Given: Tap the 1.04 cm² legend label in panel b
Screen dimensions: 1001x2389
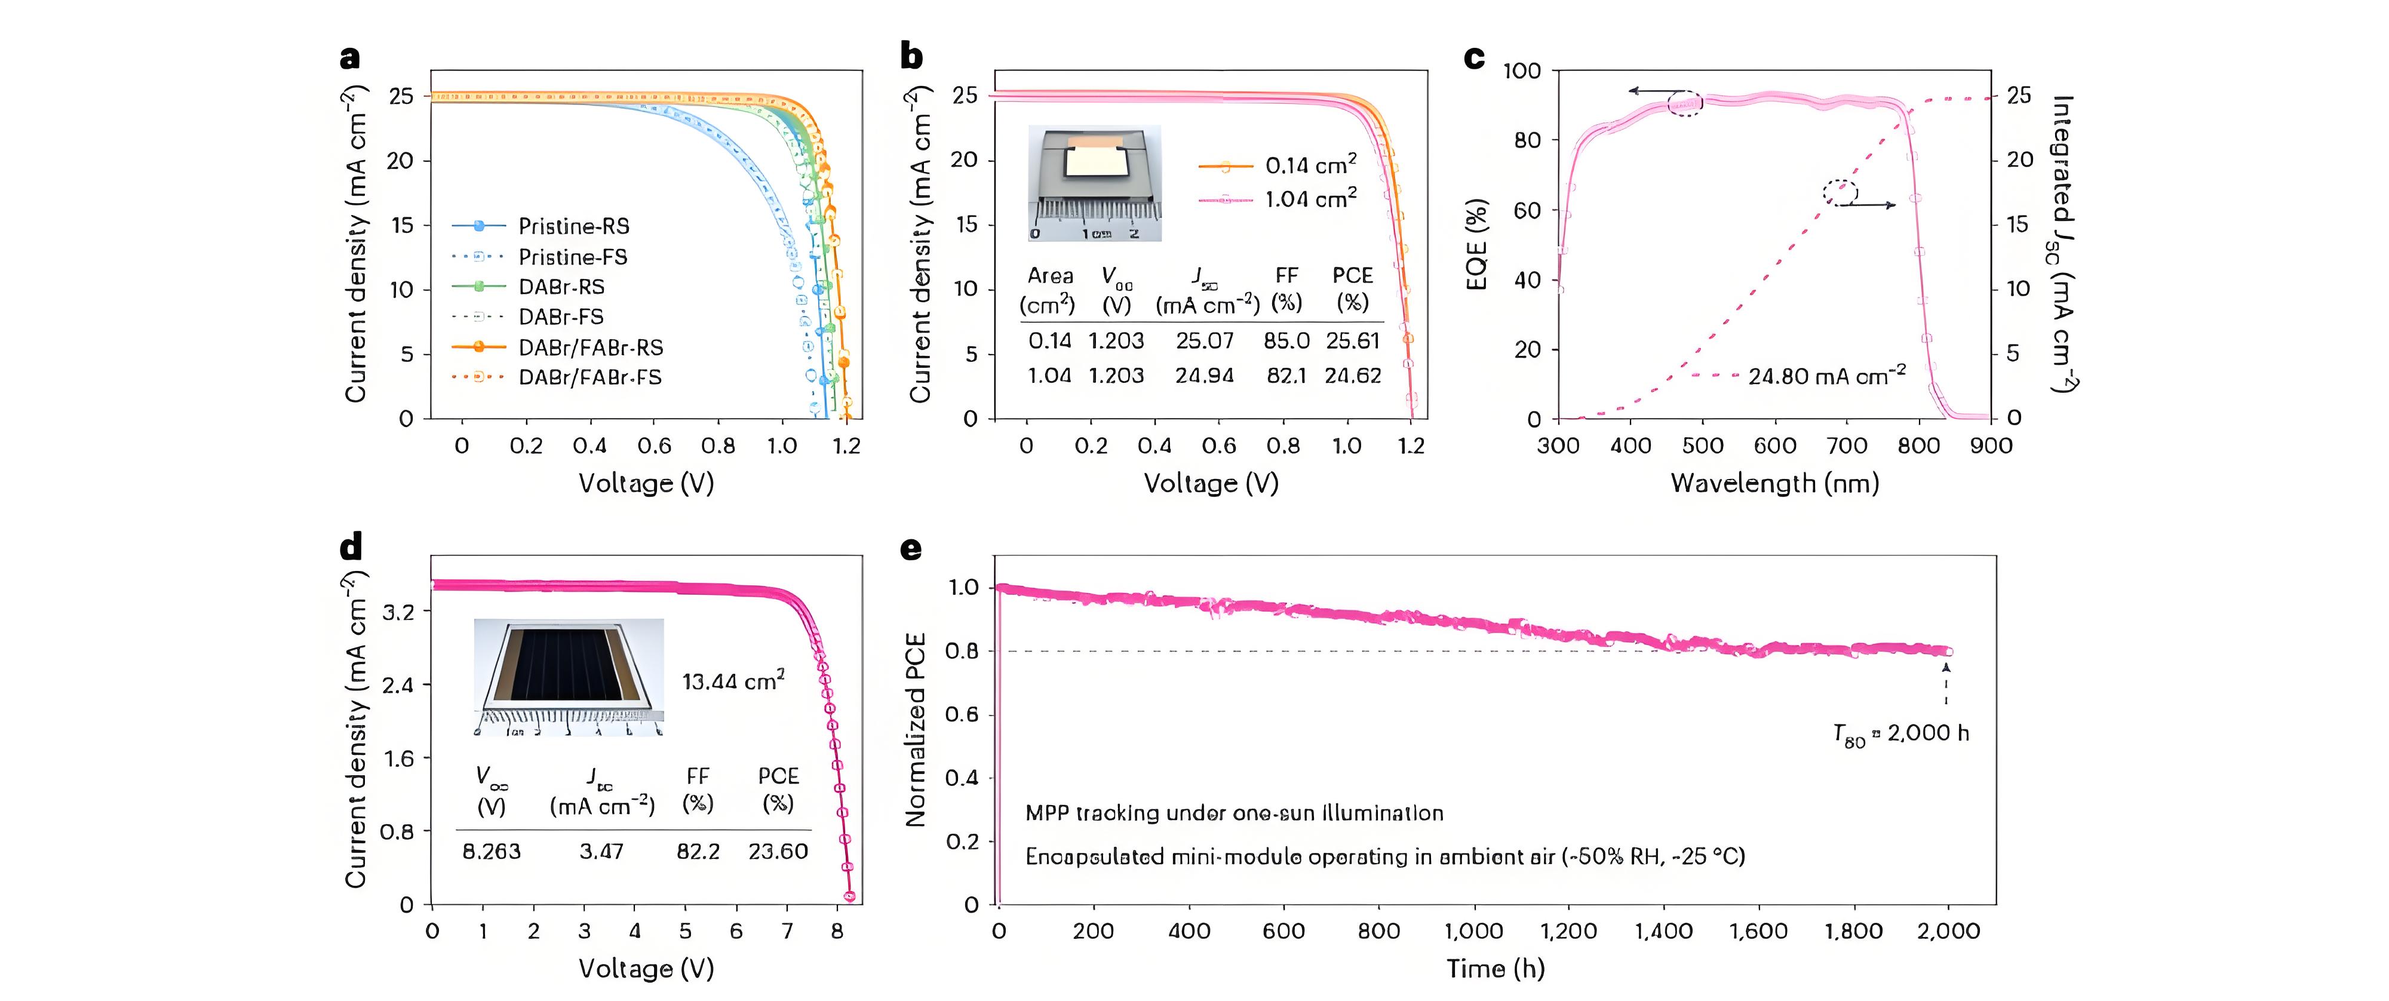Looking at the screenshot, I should pyautogui.click(x=1310, y=198).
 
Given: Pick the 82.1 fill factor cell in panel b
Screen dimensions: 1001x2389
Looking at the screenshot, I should pyautogui.click(x=1285, y=376).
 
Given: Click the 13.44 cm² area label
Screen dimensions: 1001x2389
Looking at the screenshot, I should pyautogui.click(x=733, y=682).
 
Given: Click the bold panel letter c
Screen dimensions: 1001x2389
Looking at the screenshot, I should pyautogui.click(x=1473, y=57).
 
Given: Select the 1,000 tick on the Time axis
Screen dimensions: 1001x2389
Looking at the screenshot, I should pyautogui.click(x=1473, y=931).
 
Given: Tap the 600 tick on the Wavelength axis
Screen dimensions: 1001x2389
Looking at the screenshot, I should pyautogui.click(x=1774, y=446).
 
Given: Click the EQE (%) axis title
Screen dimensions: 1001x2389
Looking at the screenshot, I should pyautogui.click(x=1476, y=245).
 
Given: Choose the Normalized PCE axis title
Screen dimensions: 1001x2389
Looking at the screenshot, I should pyautogui.click(x=916, y=730).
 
